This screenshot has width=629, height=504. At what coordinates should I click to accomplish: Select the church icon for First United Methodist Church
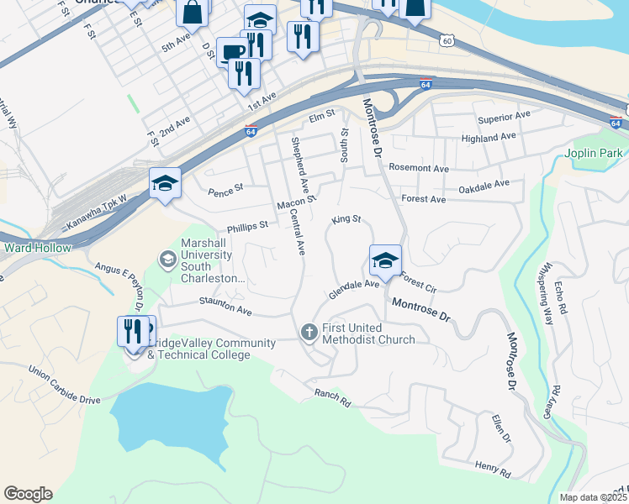(x=309, y=333)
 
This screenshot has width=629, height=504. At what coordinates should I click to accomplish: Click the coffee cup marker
(x=232, y=52)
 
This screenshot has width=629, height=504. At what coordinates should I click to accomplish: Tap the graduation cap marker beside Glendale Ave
(x=385, y=261)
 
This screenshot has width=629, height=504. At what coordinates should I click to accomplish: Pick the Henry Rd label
(x=493, y=471)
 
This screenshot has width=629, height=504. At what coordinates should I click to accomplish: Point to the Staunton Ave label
(x=225, y=306)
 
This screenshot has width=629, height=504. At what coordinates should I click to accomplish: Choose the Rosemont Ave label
(x=419, y=168)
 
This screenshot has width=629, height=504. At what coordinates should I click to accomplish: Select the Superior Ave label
(x=503, y=115)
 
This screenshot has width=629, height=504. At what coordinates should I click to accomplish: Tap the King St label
(x=346, y=219)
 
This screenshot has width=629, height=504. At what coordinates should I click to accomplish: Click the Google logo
(x=28, y=494)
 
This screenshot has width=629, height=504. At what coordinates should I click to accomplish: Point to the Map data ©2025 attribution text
(x=594, y=497)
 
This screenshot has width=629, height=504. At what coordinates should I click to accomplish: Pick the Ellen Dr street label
(x=502, y=428)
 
